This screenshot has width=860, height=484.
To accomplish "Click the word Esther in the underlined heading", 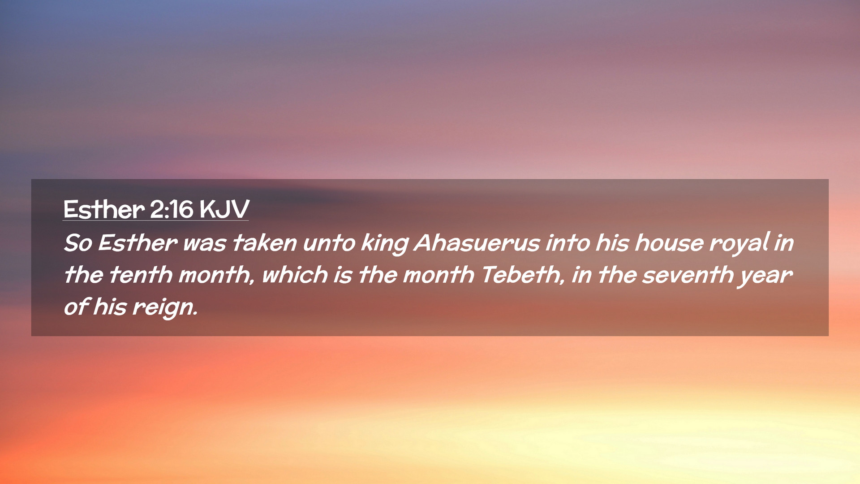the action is coord(104,209).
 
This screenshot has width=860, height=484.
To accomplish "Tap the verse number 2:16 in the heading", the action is coord(172,209).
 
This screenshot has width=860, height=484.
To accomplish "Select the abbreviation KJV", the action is coord(224,209).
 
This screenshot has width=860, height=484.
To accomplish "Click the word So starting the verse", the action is coord(78,243).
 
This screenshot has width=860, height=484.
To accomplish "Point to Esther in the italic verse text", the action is coord(138,243).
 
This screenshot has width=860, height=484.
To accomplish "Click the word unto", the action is coord(329,243).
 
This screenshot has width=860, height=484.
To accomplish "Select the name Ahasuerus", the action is coord(477,243).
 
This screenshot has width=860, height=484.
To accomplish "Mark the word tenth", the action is coord(141,275).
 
